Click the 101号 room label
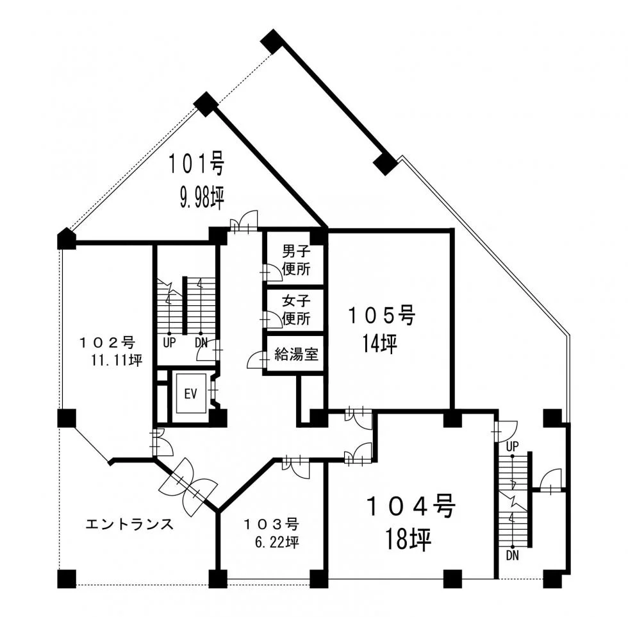[196, 164]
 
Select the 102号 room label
[107, 342]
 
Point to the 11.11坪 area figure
[117, 360]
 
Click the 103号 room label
[272, 524]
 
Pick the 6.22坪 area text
[277, 543]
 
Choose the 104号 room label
[411, 506]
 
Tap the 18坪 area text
[408, 539]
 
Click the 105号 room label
[382, 315]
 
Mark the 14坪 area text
[379, 344]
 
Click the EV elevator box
[191, 394]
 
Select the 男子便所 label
[296, 260]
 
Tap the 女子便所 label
[296, 310]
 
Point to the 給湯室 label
[296, 354]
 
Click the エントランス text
[129, 524]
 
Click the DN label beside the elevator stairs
[201, 342]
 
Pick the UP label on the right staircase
[512, 446]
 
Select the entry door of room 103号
[296, 467]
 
